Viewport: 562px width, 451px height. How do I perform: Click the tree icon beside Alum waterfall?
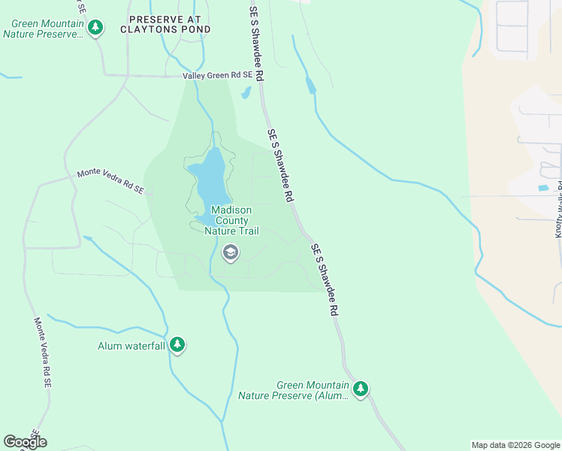tap(177, 344)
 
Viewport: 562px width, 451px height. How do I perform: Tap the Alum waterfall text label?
tap(131, 346)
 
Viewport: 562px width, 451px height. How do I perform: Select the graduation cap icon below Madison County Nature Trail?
tap(231, 253)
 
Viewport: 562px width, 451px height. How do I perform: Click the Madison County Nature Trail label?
tap(231, 221)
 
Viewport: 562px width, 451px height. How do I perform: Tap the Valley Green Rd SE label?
tap(217, 76)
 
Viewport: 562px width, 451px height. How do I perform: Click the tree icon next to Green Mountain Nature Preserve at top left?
tap(95, 29)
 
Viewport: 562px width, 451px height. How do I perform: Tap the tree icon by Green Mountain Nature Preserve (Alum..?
tap(361, 389)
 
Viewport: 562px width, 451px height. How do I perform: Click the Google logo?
tap(25, 442)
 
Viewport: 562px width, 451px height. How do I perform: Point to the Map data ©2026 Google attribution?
tap(515, 445)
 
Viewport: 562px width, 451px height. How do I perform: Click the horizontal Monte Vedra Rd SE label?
tap(110, 183)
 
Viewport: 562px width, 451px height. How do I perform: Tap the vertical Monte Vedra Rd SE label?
tap(42, 352)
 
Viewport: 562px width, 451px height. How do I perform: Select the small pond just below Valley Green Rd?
tap(246, 93)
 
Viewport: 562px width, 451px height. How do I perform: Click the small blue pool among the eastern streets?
tap(543, 187)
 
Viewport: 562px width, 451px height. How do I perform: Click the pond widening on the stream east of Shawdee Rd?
tap(311, 86)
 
